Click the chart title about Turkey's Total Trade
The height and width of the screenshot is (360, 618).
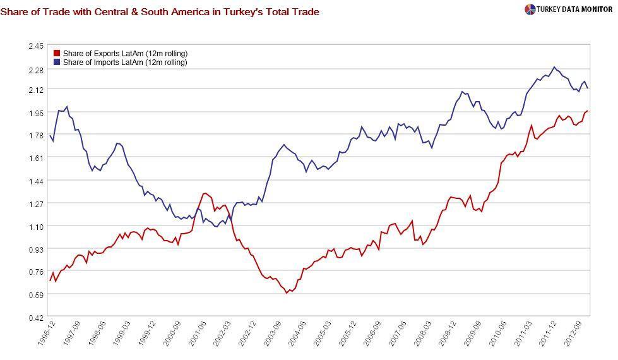(x=160, y=12)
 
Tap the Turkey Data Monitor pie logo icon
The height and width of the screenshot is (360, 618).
(x=530, y=9)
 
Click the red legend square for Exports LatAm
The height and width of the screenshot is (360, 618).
(x=57, y=54)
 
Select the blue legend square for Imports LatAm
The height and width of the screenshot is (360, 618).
(x=57, y=63)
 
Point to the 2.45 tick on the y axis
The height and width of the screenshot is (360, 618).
(x=36, y=46)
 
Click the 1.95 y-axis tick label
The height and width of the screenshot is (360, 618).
(x=36, y=113)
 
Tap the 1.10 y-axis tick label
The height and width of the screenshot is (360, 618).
(x=36, y=227)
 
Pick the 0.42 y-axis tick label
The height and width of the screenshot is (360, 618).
(x=36, y=317)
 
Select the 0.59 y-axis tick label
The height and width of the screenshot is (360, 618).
(x=36, y=295)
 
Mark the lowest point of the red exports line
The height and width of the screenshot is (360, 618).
(x=287, y=293)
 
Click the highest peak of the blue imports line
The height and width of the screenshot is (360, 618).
(x=554, y=67)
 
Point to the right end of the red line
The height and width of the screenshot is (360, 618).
(x=588, y=111)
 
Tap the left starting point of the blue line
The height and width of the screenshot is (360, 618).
(x=50, y=135)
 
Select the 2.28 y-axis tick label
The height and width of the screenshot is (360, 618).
(x=36, y=70)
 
